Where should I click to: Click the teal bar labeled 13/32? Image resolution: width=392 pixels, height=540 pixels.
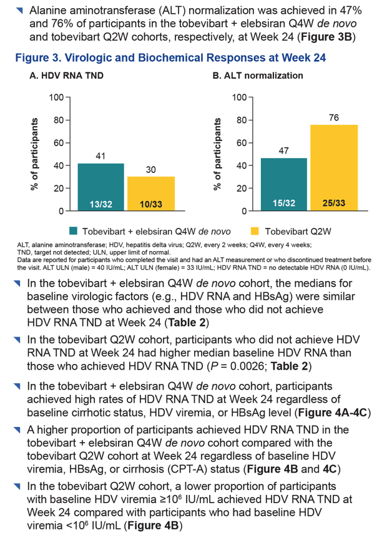coord(101,187)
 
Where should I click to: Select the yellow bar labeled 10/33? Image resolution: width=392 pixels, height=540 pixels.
coord(151,194)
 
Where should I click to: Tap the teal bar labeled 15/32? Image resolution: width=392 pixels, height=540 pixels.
coord(284,184)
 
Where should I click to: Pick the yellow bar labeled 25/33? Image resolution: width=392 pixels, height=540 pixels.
coord(334,168)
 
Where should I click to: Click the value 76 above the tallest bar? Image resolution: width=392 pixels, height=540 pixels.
coord(334,118)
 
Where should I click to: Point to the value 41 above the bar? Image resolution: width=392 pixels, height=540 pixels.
coord(100,156)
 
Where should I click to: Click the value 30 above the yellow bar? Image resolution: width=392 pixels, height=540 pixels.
coord(151,169)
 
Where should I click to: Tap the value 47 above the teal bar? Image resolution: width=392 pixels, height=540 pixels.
coord(283,150)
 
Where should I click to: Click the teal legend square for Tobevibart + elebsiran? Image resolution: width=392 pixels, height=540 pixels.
coord(73,231)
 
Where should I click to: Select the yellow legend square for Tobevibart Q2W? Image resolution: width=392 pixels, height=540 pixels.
coord(254,231)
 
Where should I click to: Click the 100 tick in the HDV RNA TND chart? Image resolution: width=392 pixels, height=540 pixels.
coord(57,97)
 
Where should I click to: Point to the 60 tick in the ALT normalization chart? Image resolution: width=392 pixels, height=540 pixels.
coord(242,143)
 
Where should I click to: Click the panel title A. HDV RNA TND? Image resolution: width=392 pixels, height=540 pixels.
coord(67,76)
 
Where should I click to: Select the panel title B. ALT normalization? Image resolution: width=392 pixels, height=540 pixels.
coord(258,76)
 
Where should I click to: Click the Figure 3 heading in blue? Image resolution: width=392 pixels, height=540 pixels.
coord(170,57)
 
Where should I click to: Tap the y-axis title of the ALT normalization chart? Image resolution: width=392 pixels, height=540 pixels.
coord(217,154)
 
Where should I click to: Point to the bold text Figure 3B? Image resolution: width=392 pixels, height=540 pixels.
coord(326,37)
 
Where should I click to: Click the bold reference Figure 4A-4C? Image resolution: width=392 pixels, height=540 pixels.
coord(333,412)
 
